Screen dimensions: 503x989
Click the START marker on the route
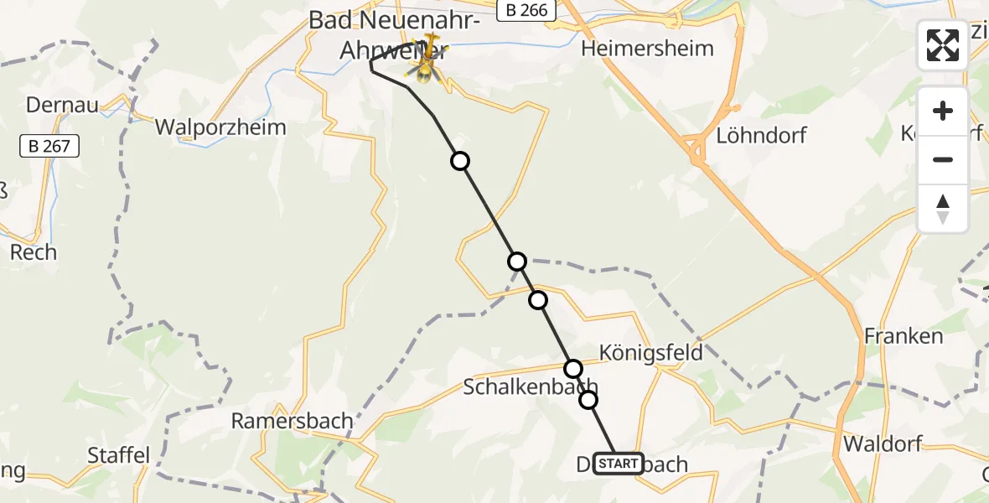(x=619, y=464)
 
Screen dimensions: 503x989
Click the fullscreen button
(x=943, y=45)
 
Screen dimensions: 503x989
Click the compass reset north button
(x=943, y=209)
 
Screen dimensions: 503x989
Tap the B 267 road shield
(x=49, y=147)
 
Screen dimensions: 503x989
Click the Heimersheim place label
(x=647, y=48)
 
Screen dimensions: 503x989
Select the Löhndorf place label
(x=761, y=135)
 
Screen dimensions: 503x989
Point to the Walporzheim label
(x=220, y=127)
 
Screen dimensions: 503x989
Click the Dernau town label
(x=63, y=105)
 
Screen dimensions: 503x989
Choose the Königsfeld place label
(x=651, y=352)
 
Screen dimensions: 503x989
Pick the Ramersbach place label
(x=293, y=421)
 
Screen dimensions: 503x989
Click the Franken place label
(x=904, y=336)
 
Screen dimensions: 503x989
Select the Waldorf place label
(x=883, y=443)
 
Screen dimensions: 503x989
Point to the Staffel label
(x=119, y=456)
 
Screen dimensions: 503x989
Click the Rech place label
(x=34, y=251)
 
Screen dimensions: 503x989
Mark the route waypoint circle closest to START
(x=588, y=400)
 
